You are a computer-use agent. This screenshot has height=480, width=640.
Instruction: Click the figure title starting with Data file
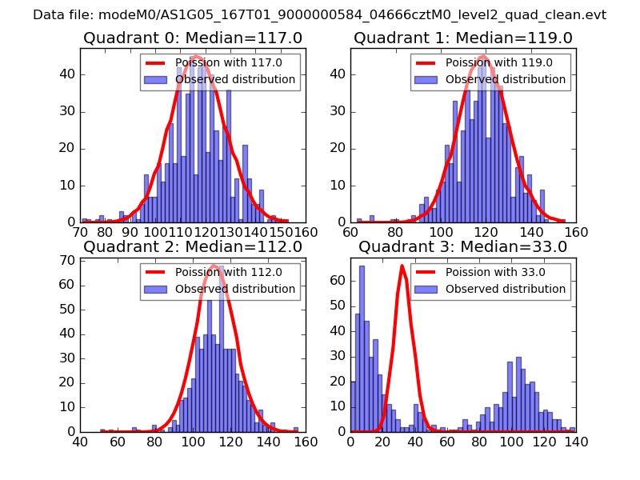(x=320, y=15)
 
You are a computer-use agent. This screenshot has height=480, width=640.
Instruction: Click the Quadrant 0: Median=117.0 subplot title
(x=193, y=38)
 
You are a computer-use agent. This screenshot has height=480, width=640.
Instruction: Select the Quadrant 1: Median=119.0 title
(x=463, y=38)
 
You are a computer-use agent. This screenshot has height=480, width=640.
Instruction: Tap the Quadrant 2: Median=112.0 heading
(x=193, y=246)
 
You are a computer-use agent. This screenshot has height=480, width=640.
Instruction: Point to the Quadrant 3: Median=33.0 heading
(x=463, y=246)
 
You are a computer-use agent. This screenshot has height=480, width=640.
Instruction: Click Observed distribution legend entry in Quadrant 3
(x=506, y=289)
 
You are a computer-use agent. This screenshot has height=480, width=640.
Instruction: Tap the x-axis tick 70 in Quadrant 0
(x=80, y=232)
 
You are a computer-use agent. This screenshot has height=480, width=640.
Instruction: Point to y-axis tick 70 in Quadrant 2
(x=66, y=260)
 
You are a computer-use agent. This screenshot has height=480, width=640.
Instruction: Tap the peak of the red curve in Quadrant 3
(x=402, y=266)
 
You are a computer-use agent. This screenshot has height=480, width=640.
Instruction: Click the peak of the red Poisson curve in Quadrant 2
(x=214, y=266)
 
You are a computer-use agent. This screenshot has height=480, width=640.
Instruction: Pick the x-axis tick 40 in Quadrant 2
(x=80, y=442)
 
